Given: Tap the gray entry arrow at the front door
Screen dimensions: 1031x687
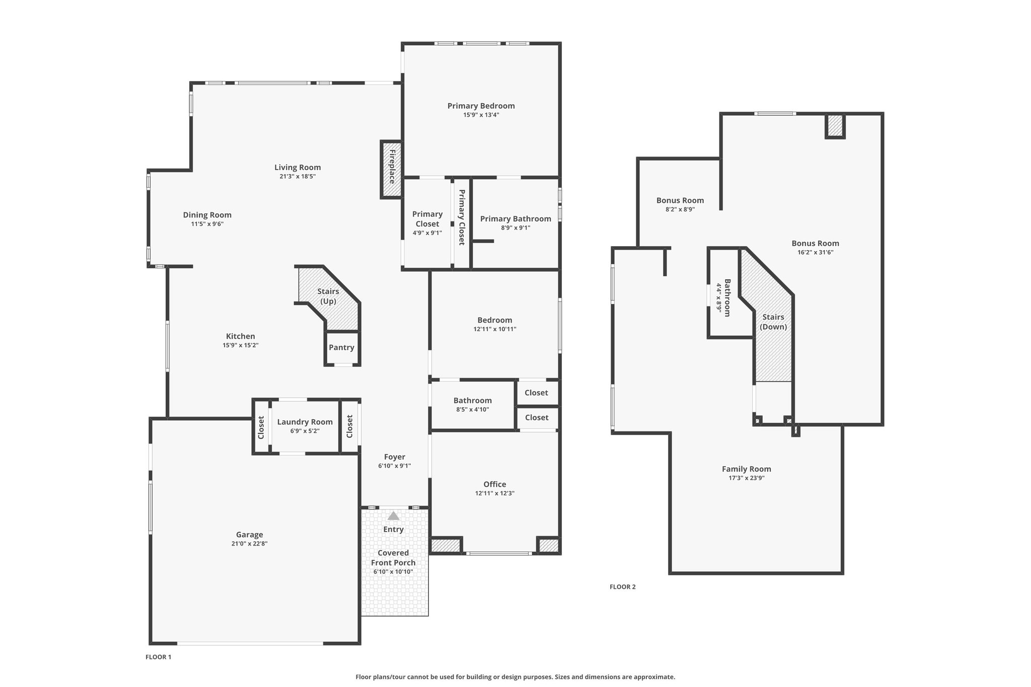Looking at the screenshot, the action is pos(394,516).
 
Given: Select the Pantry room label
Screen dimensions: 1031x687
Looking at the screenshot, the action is pos(342,347).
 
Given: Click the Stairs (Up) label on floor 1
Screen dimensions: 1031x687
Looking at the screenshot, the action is pos(328,296).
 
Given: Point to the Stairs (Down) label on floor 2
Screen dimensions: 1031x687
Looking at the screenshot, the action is pos(773,322).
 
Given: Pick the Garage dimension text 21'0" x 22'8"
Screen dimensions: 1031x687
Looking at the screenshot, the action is pos(250,544).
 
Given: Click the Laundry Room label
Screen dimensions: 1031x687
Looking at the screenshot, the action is pos(305,422).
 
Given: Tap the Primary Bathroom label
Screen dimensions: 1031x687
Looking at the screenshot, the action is pos(515,218).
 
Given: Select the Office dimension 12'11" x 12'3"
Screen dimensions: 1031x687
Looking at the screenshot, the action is pos(495,493).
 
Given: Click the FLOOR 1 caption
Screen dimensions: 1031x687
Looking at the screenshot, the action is pos(159,657).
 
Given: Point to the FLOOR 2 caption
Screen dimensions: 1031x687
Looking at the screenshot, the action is pos(623,587).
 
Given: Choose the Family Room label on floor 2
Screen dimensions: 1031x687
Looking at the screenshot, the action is pos(747,469).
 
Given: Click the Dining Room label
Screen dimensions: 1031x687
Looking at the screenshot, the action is pos(207,215).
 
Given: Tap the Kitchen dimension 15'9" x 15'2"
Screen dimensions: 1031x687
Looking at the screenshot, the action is pos(241,345).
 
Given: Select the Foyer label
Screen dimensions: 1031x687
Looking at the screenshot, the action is pos(395,457).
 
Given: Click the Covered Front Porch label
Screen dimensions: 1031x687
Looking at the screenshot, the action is pos(393,558).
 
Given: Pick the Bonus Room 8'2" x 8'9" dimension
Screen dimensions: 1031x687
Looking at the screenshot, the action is pos(680,209).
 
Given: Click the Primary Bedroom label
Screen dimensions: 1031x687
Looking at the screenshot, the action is pos(481,106).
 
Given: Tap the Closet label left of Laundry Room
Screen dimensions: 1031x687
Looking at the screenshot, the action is pos(261,427).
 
